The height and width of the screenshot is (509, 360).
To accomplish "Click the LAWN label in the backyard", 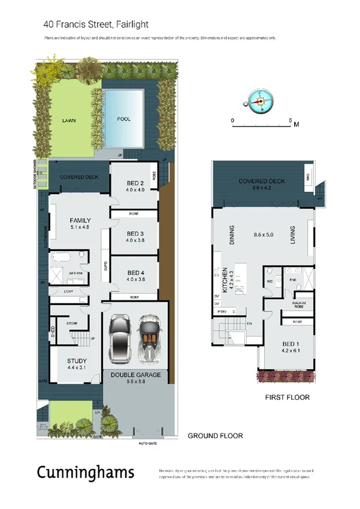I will point(68,119).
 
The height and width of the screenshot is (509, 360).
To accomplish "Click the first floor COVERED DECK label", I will point(261,181).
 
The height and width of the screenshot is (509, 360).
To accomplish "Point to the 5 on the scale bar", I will point(290,121).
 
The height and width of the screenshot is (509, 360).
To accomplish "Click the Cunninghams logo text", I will point(85,472).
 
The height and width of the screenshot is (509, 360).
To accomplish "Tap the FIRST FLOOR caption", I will point(288,397).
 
